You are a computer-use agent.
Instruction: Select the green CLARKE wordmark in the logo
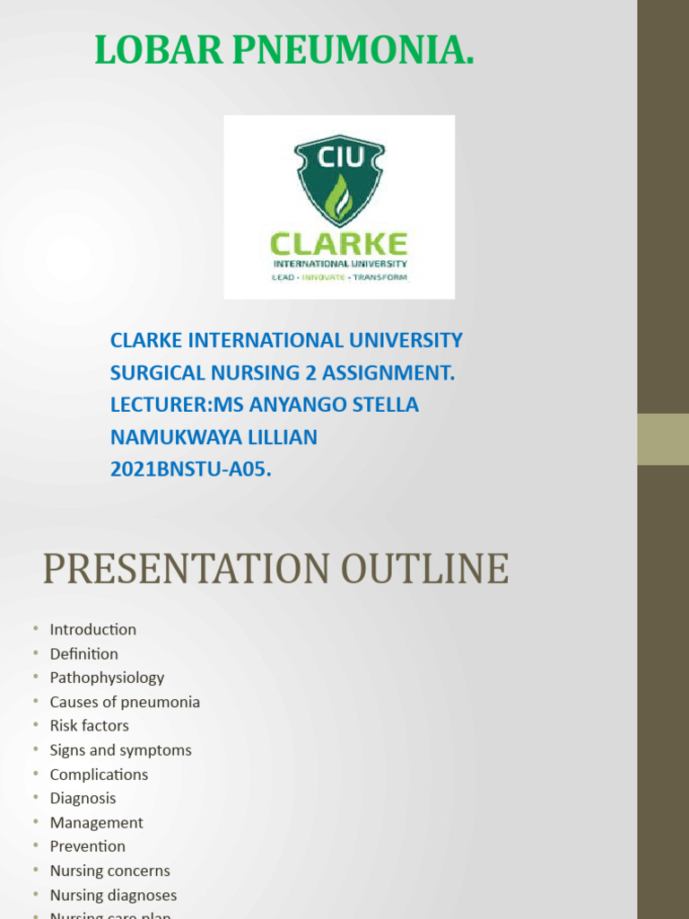point(339,244)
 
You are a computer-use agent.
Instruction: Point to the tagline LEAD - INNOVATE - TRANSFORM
point(339,277)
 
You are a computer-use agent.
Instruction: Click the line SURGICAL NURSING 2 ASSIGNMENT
point(283,372)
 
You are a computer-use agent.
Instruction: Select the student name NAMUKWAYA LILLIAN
point(214,437)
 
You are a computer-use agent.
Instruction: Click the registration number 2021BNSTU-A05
point(190,468)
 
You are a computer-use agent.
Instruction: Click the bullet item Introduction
point(93,630)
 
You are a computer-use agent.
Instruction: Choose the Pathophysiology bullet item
point(107,678)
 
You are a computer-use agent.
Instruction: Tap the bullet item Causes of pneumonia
point(125,702)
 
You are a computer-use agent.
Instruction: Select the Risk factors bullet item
point(89,725)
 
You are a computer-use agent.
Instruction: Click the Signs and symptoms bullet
point(120,750)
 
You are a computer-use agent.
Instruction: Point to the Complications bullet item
point(99,775)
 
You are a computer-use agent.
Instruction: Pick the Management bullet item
point(96,823)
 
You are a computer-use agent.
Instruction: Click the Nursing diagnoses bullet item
point(113,895)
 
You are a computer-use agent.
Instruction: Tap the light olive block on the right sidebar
point(663,439)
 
